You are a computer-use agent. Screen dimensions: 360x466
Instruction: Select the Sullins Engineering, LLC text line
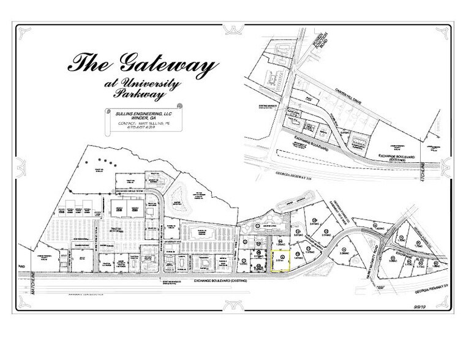click(x=134, y=113)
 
